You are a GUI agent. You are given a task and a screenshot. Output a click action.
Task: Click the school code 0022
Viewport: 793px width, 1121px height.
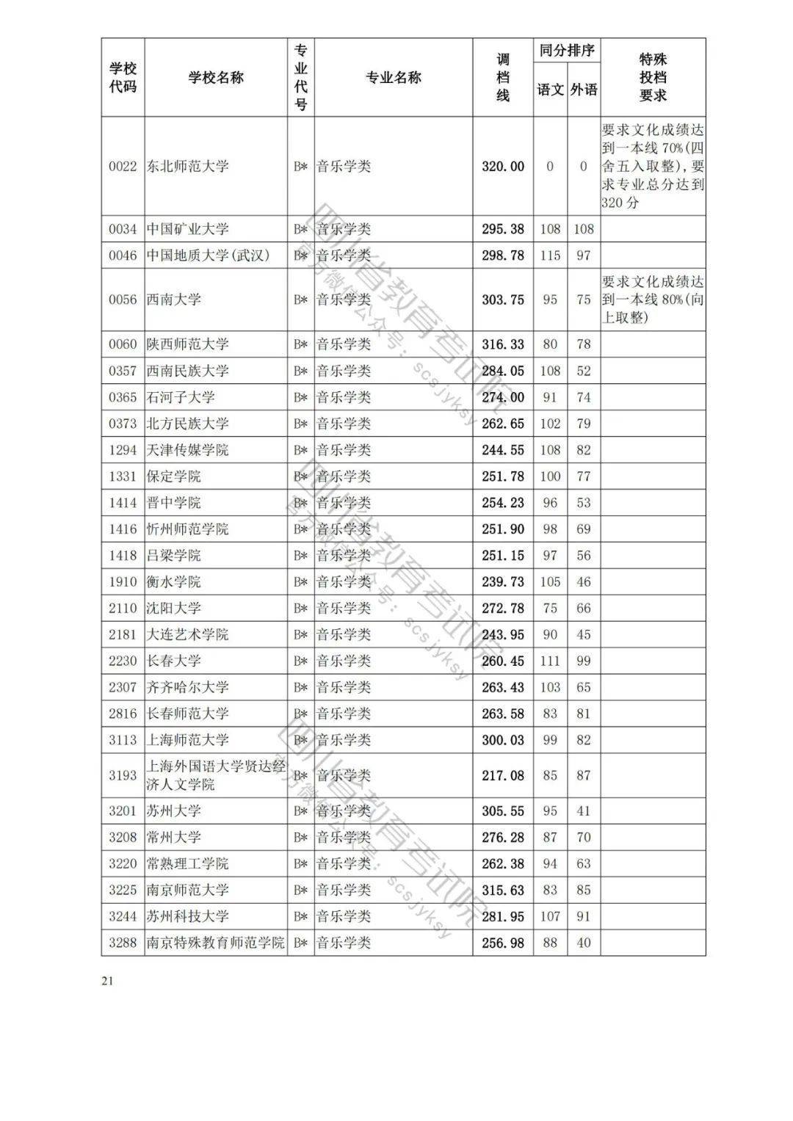pos(123,166)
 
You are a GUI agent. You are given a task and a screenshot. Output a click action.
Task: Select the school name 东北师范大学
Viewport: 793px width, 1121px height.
pos(187,166)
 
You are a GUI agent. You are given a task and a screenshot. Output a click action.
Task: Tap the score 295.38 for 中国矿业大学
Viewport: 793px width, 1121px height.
pos(503,229)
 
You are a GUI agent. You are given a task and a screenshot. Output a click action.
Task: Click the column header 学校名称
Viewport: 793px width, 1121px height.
pos(216,78)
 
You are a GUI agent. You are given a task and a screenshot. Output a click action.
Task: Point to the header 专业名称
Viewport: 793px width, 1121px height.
pos(394,78)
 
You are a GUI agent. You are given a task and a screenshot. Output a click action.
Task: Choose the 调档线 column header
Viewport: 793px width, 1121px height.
pos(503,78)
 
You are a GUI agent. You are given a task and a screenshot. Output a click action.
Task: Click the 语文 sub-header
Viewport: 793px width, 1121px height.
pos(550,90)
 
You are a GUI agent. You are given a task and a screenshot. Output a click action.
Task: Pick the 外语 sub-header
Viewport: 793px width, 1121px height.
pos(584,90)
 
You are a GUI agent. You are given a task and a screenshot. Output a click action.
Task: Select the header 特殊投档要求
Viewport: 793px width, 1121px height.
pos(653,78)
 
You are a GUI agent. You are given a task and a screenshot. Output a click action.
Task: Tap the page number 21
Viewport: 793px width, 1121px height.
pos(109,982)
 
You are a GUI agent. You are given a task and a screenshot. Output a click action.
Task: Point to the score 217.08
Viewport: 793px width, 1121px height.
pos(503,775)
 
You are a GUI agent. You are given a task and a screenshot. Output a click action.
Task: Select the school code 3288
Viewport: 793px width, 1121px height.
pos(123,943)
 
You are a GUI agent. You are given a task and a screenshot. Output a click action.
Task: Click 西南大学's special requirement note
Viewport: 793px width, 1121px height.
pos(653,300)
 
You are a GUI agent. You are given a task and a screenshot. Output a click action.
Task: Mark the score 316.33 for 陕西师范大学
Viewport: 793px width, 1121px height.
pos(503,344)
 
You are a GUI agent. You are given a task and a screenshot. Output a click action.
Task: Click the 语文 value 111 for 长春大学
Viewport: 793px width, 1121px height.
pos(550,661)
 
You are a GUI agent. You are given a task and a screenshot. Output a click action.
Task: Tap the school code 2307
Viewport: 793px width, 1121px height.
pos(123,687)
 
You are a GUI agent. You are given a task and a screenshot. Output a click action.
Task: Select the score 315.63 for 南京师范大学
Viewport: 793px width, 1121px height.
pos(503,890)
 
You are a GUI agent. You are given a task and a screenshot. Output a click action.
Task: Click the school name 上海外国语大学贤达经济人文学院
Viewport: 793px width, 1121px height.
pos(215,775)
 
